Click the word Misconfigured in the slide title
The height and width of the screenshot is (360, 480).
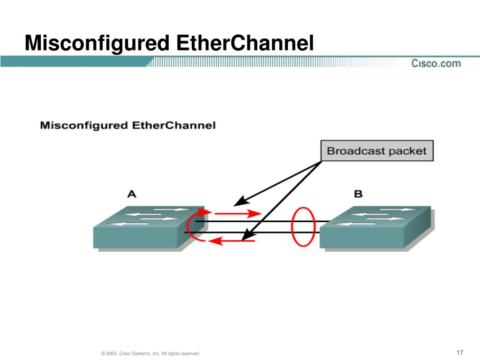[97, 44]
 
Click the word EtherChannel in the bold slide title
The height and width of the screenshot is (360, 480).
[245, 44]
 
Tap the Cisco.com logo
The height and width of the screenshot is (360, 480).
[436, 63]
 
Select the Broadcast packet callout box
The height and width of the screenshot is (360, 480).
[376, 151]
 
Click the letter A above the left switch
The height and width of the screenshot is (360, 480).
[132, 194]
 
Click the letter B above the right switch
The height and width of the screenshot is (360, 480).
[358, 194]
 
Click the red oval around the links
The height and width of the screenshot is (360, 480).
[302, 227]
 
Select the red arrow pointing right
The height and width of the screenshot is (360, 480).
[244, 213]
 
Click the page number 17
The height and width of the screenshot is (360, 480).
[459, 352]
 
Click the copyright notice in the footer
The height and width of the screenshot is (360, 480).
[150, 353]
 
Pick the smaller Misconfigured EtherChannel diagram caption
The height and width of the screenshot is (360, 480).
[128, 126]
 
